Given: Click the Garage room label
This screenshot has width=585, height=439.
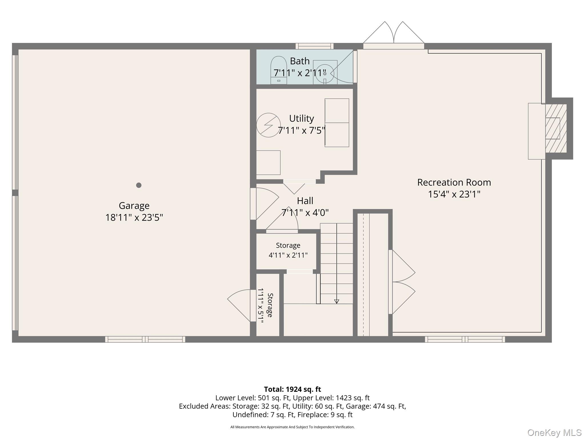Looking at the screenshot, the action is click(134, 205).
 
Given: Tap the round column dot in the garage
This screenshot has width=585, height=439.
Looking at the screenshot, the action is click(139, 185).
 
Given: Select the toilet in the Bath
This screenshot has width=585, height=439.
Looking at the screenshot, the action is click(279, 70).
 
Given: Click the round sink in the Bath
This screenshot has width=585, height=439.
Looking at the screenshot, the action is click(325, 73).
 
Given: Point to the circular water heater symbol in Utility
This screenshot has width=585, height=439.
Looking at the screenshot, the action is click(268, 125).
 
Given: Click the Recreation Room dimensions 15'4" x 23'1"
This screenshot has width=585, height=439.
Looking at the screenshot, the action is click(454, 194).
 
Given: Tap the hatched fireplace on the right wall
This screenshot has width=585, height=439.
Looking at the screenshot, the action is click(556, 128).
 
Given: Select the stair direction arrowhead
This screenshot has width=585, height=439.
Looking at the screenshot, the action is click(336, 301).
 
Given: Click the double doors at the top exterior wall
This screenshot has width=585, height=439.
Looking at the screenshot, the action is click(394, 35).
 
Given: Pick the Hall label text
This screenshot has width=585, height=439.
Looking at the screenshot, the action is click(305, 201).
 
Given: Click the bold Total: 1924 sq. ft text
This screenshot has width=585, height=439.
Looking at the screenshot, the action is click(292, 389).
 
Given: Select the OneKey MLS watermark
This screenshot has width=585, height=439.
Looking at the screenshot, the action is click(554, 433).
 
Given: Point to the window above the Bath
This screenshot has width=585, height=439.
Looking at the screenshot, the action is click(314, 46).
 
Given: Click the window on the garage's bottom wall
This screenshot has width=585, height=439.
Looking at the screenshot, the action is click(145, 339).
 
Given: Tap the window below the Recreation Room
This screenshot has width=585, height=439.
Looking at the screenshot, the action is click(465, 339).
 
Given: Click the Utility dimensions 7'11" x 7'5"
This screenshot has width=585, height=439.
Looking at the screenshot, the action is click(302, 131).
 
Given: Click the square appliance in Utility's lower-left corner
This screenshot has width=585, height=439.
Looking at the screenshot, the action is click(268, 163).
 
